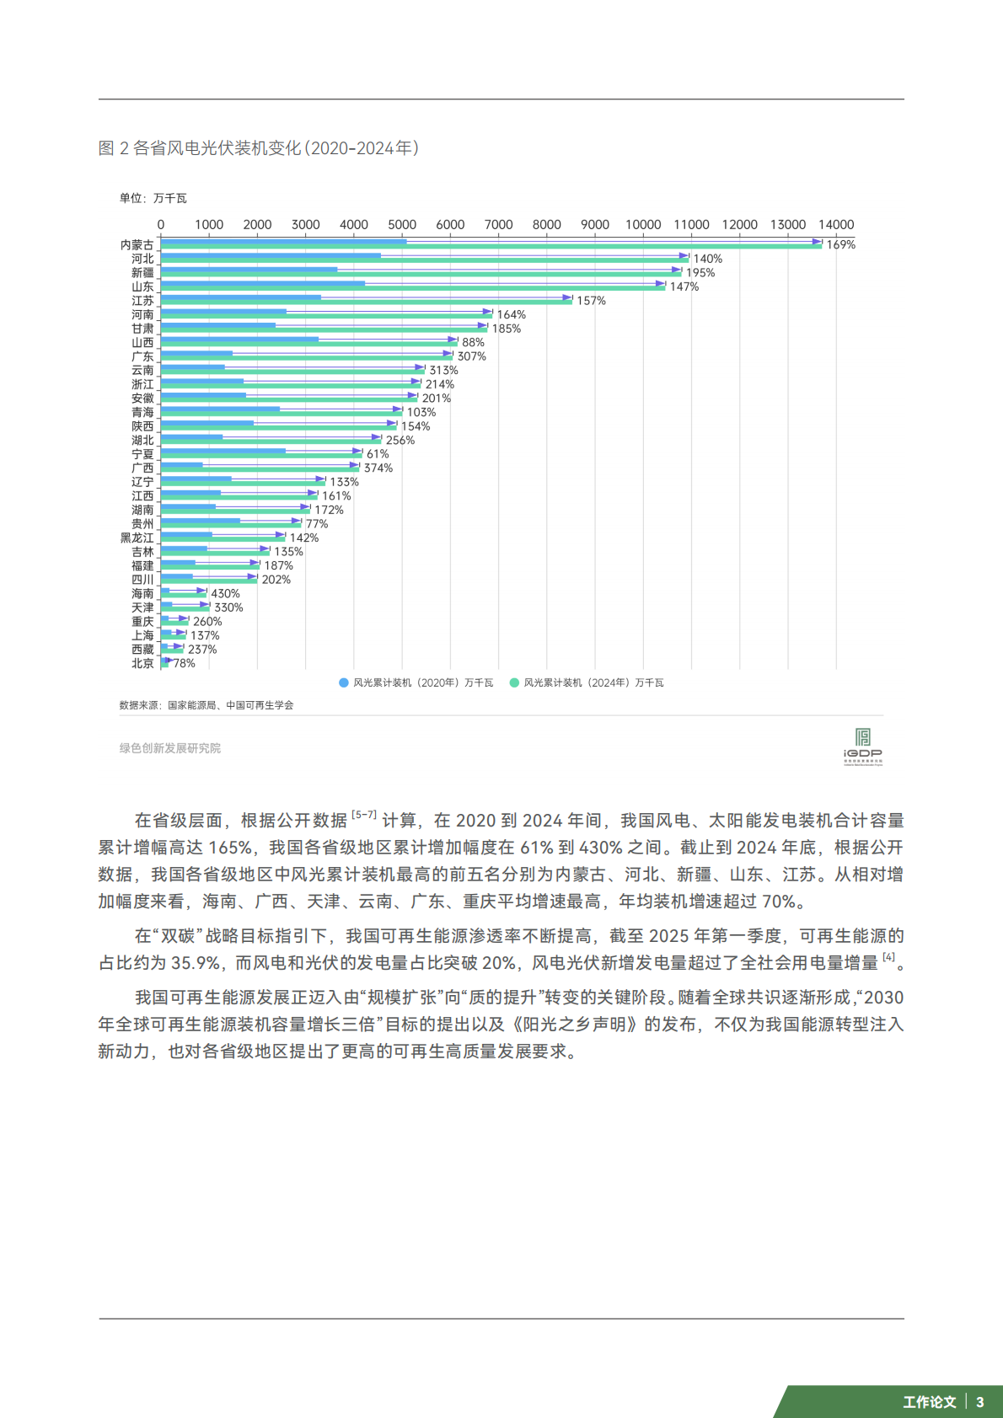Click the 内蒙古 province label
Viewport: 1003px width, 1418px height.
pos(137,245)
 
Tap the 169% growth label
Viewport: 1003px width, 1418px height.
pos(840,245)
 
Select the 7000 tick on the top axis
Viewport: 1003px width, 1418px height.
pos(498,225)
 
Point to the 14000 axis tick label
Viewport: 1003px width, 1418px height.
pos(836,225)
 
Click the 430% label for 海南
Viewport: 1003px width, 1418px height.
pos(225,594)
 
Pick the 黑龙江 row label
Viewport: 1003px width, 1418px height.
pos(137,538)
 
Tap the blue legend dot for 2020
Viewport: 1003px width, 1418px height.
pos(344,683)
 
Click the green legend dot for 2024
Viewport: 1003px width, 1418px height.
pos(514,683)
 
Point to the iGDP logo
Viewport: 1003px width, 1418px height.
pos(862,746)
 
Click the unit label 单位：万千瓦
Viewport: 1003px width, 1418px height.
pos(153,199)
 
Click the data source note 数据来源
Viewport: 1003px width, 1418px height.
pos(206,705)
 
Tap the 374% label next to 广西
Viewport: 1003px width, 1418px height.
pos(378,468)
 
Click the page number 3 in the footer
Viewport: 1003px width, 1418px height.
pos(980,1402)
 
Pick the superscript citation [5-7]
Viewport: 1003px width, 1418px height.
pos(364,816)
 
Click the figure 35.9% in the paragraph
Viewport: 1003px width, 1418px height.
pos(196,963)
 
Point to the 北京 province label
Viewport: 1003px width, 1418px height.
pos(142,664)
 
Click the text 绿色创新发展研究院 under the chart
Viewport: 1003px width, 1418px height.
pos(169,748)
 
